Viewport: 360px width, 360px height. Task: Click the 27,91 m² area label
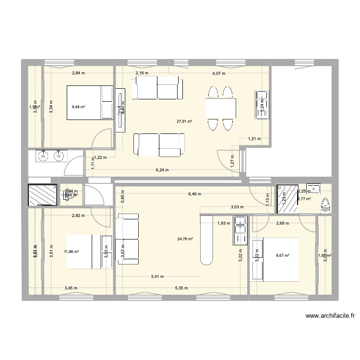pos(184,121)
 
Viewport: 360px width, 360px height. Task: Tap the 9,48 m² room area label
pos(78,107)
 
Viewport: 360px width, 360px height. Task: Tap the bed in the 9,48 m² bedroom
pos(90,102)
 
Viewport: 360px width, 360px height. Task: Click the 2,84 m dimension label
pos(78,73)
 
